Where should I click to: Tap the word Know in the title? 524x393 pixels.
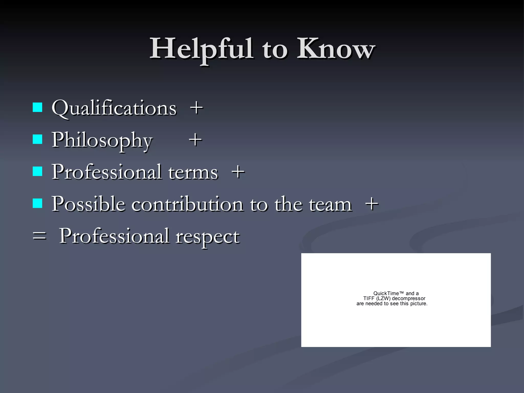(x=336, y=49)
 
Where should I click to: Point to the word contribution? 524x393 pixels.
(x=187, y=204)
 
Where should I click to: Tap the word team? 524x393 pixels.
(x=330, y=204)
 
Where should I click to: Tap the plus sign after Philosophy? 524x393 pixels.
(x=195, y=140)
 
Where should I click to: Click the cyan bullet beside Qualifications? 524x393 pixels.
(x=38, y=107)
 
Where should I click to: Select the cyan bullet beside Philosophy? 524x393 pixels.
(x=38, y=139)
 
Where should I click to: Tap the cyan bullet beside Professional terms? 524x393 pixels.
(x=38, y=171)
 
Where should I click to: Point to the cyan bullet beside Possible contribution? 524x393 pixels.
(x=38, y=203)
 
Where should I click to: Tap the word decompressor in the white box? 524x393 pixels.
(x=408, y=299)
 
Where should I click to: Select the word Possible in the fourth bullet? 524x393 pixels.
(x=88, y=204)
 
